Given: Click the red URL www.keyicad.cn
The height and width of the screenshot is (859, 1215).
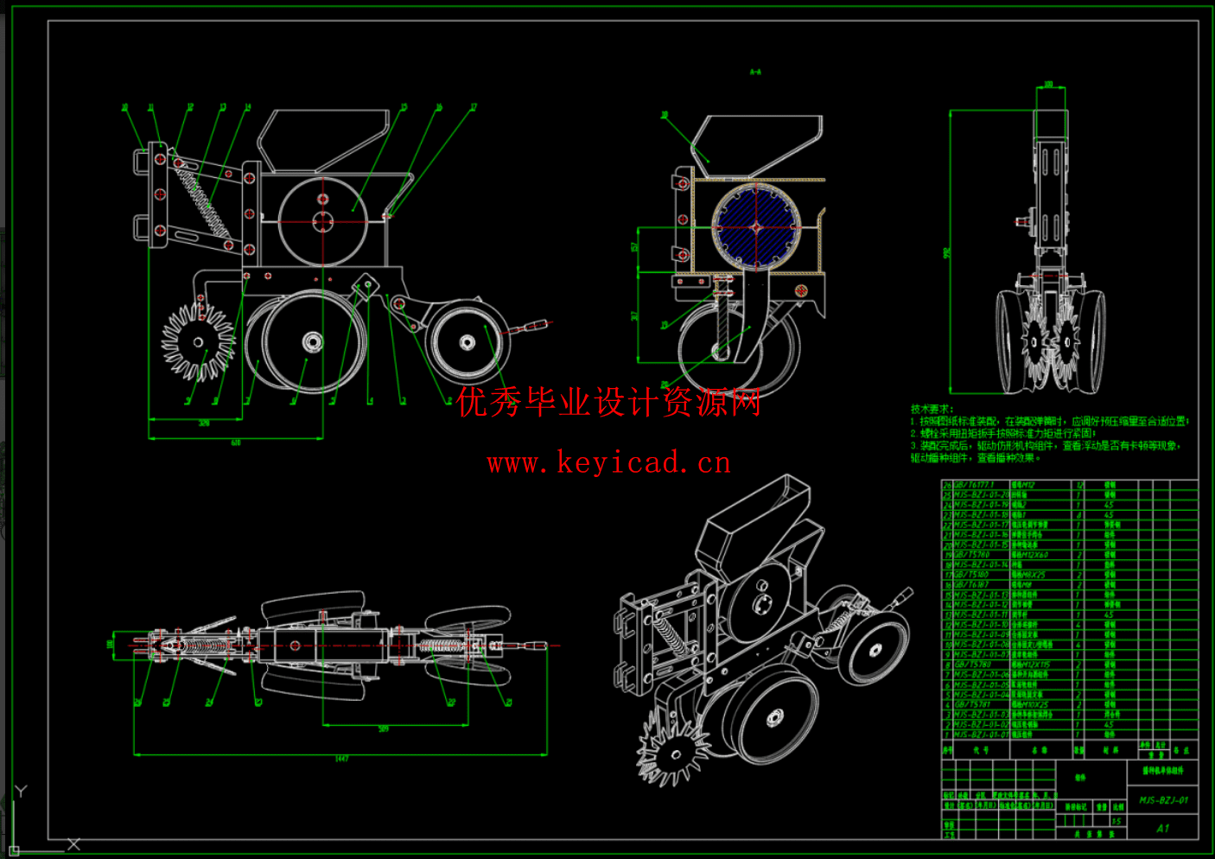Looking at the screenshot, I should pyautogui.click(x=608, y=463).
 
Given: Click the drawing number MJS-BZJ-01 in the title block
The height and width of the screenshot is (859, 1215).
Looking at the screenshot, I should pyautogui.click(x=1163, y=800).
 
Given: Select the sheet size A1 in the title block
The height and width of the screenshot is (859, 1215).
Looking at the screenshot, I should pyautogui.click(x=1162, y=828).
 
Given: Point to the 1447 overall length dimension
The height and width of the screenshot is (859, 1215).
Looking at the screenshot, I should pyautogui.click(x=341, y=759).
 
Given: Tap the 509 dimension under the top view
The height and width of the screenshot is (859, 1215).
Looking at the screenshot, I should pyautogui.click(x=383, y=729).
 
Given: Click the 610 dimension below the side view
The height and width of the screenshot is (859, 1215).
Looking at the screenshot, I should pyautogui.click(x=236, y=442).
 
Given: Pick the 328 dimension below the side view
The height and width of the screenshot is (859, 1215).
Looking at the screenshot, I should pyautogui.click(x=204, y=423).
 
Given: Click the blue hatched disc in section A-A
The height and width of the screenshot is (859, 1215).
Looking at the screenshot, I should pyautogui.click(x=756, y=227).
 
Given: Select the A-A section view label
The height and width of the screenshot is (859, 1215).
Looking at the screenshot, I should pyautogui.click(x=755, y=73).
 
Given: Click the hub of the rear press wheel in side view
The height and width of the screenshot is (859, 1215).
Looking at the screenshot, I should pyautogui.click(x=467, y=343).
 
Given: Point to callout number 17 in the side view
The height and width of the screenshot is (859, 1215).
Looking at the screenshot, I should pyautogui.click(x=474, y=107).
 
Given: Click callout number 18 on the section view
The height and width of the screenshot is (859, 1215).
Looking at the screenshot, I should pyautogui.click(x=664, y=114).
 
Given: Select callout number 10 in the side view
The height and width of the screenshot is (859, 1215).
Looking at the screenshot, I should pyautogui.click(x=124, y=108).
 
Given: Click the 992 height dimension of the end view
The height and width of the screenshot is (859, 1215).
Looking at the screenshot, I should pyautogui.click(x=947, y=253).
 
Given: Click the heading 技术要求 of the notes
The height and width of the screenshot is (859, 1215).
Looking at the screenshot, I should pyautogui.click(x=932, y=409).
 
